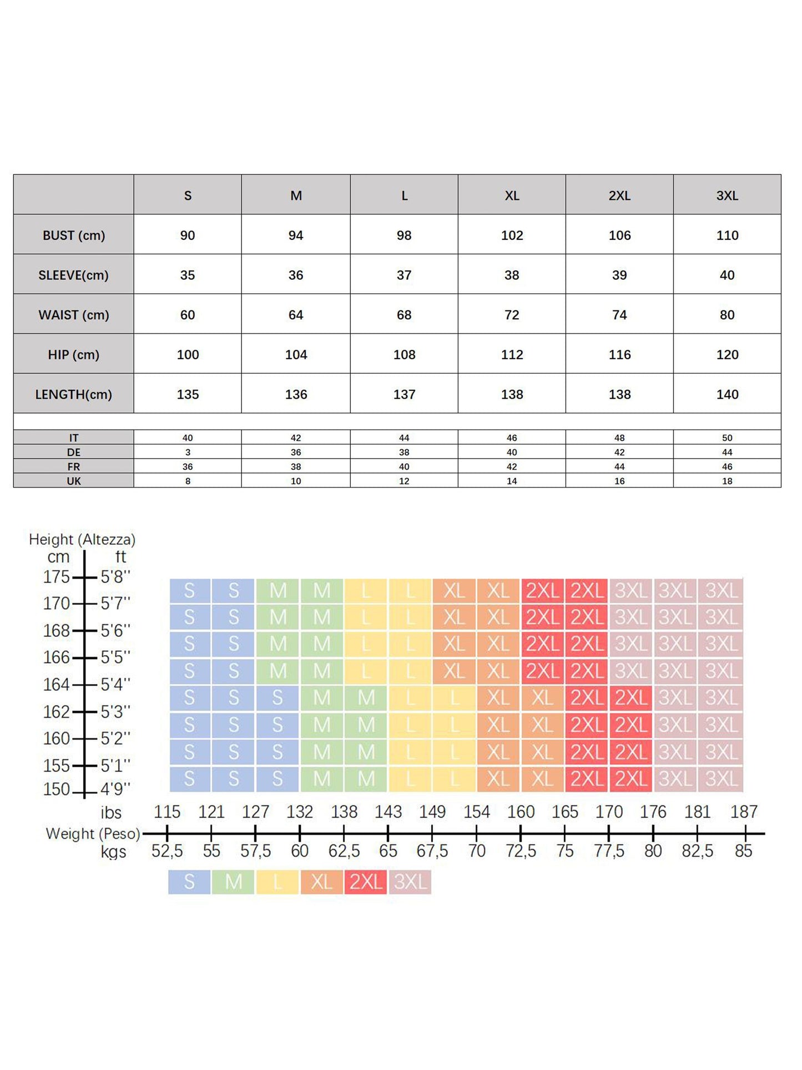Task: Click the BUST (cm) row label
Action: [74, 235]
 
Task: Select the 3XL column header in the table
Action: [727, 195]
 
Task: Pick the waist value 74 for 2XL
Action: [619, 315]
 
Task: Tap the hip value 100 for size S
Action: [188, 355]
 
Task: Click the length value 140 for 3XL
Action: [727, 394]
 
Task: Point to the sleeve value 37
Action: [404, 275]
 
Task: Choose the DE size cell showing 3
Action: [188, 453]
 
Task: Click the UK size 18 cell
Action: [727, 481]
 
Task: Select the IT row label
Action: [74, 438]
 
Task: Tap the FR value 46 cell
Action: [727, 467]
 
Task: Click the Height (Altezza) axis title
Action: [82, 539]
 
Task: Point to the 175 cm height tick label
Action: [57, 577]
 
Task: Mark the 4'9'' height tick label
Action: [115, 788]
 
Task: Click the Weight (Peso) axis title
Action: [93, 833]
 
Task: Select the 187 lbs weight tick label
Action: [744, 812]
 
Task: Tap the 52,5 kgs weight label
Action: [167, 851]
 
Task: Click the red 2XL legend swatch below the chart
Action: [366, 882]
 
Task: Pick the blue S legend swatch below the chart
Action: [189, 882]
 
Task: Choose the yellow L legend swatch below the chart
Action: [278, 882]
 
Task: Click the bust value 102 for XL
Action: [512, 235]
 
